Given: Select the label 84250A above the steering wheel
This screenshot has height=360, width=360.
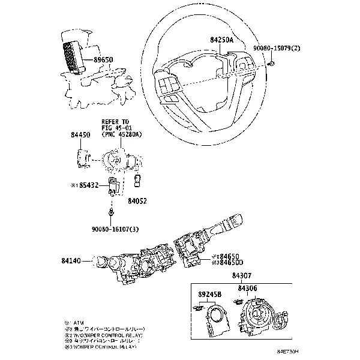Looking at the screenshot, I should pyautogui.click(x=223, y=39).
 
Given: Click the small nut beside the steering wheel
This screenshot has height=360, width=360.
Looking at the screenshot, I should pyautogui.click(x=272, y=63).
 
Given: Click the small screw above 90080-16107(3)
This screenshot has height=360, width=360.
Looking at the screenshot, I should pyautogui.click(x=112, y=212).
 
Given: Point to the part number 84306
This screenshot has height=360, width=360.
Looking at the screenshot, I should pyautogui.click(x=247, y=289).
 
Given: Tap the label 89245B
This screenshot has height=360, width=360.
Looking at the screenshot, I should pyautogui.click(x=209, y=295).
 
